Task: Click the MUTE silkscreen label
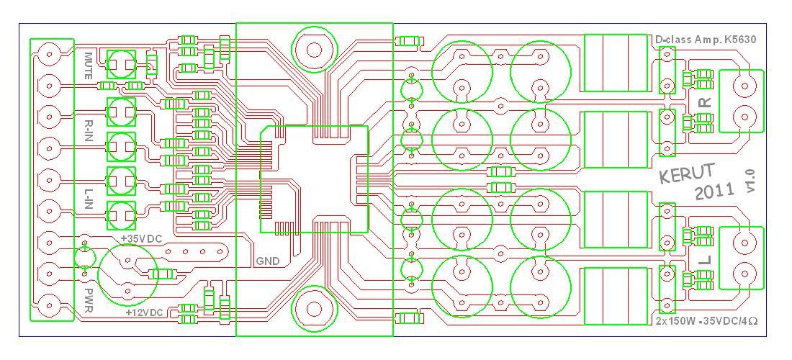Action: [x=88, y=66]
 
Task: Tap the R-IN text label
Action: [x=88, y=130]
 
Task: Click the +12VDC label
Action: [x=145, y=313]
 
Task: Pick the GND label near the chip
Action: [x=267, y=261]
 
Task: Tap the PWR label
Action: [x=88, y=300]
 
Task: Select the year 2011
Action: [x=715, y=192]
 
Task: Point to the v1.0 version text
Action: [x=750, y=180]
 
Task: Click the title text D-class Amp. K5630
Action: [x=706, y=40]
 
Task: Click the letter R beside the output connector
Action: [x=706, y=102]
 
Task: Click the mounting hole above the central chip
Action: [x=314, y=50]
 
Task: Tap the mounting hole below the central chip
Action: [x=314, y=309]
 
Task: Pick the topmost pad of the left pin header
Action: [x=49, y=54]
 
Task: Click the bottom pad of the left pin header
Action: [x=49, y=305]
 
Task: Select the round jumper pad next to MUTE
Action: [x=121, y=64]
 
